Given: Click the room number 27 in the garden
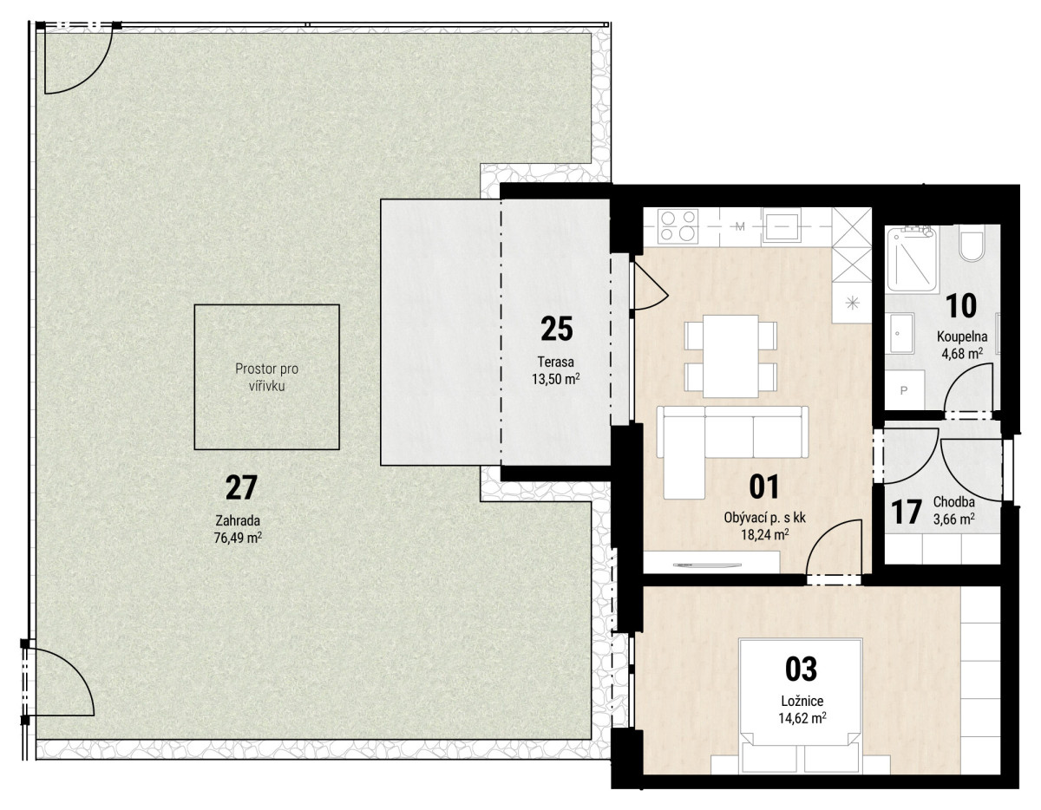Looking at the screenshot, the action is pyautogui.click(x=241, y=487).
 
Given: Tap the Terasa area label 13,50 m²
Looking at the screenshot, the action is pyautogui.click(x=556, y=379).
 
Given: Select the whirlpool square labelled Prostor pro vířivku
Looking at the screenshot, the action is pyautogui.click(x=267, y=376).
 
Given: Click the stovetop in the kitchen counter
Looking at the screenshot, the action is pyautogui.click(x=678, y=226).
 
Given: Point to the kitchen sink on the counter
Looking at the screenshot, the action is pyautogui.click(x=782, y=226).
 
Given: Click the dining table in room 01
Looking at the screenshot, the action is pyautogui.click(x=730, y=356).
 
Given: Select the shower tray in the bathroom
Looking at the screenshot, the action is pyautogui.click(x=912, y=259).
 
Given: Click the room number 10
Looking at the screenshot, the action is pyautogui.click(x=961, y=306).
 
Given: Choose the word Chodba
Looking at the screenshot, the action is pyautogui.click(x=953, y=502).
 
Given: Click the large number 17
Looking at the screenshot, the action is pyautogui.click(x=906, y=512).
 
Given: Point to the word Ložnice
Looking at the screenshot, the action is pyautogui.click(x=802, y=701).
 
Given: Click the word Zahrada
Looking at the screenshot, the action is pyautogui.click(x=238, y=520).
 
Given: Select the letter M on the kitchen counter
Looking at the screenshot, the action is pyautogui.click(x=740, y=226).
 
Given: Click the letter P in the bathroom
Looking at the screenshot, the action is pyautogui.click(x=904, y=390).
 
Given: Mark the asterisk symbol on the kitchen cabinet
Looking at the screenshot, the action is pyautogui.click(x=851, y=303).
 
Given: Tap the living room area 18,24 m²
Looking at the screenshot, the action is pyautogui.click(x=765, y=535).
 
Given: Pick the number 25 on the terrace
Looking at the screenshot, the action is pyautogui.click(x=557, y=329).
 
